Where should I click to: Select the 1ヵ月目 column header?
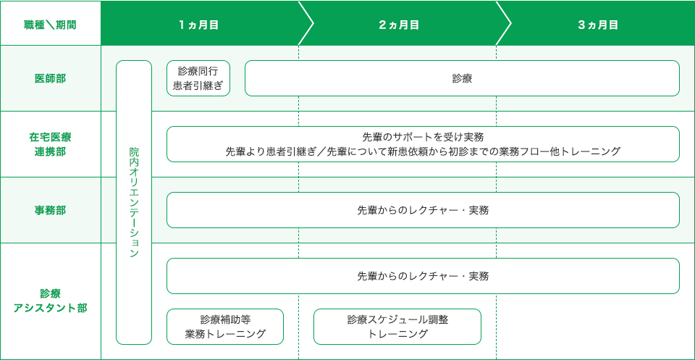pos(199,25)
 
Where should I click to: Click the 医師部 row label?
pos(50,78)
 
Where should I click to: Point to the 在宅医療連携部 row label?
pos(50,144)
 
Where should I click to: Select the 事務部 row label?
pos(50,210)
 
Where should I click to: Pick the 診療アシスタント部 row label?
pos(50,301)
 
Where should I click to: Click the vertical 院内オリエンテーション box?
pos(134,202)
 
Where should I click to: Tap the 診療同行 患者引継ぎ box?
pos(198,78)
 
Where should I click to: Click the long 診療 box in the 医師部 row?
pos(463,78)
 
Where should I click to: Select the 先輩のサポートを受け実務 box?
pos(423,144)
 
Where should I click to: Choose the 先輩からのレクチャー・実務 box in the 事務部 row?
pos(423,210)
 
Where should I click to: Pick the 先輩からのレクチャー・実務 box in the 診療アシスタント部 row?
pos(423,276)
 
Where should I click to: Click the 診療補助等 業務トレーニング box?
pos(225,327)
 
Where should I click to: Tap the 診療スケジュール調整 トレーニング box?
pos(397,327)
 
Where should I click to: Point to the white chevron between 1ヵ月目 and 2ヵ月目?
pos(306,23)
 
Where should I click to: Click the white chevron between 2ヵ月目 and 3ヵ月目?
pos(504,23)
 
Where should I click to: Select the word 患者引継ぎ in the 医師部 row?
pos(198,86)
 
